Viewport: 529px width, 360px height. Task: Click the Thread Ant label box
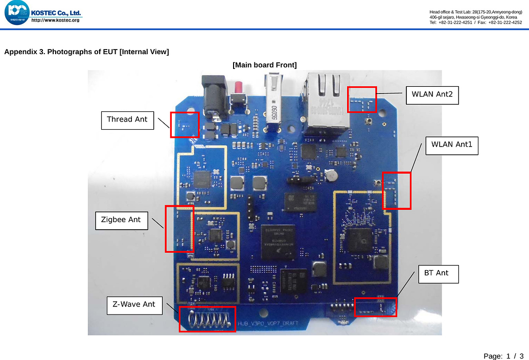tap(127, 120)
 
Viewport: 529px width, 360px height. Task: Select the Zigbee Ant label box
tap(121, 221)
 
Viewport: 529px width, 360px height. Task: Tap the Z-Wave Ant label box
tap(134, 305)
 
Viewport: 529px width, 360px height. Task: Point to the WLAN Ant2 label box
tap(432, 94)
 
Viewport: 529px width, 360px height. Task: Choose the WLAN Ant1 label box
tap(451, 145)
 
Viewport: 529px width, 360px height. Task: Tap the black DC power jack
tap(214, 94)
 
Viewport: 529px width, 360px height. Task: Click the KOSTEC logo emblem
tap(16, 13)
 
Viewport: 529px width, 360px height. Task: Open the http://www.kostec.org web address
tap(55, 20)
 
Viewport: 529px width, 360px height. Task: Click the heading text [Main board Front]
tap(264, 65)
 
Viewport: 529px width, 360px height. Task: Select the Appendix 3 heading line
tap(86, 52)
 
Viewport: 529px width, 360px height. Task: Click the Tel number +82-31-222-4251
tap(455, 22)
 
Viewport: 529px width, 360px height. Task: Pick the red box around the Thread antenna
tap(185, 124)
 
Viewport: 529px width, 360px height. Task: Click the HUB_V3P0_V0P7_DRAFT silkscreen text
tap(268, 324)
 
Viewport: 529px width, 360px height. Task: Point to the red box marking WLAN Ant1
tap(397, 190)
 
